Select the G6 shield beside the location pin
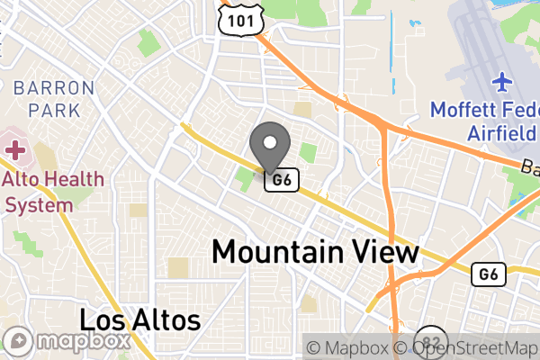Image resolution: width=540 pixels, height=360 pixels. (x=281, y=180)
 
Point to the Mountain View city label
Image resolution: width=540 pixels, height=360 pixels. (x=316, y=252)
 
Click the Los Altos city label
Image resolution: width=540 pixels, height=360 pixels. (x=139, y=319)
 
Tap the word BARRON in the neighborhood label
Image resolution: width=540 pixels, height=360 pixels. (x=54, y=88)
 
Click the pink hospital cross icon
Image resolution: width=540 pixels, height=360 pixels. (x=14, y=148)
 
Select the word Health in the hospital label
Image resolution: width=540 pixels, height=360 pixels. (x=71, y=179)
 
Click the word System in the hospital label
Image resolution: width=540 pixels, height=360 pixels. (x=38, y=204)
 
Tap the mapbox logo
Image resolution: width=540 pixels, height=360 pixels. (x=70, y=343)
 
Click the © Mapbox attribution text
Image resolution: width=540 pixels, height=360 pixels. (x=346, y=347)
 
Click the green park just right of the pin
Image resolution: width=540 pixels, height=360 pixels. (x=309, y=152)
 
